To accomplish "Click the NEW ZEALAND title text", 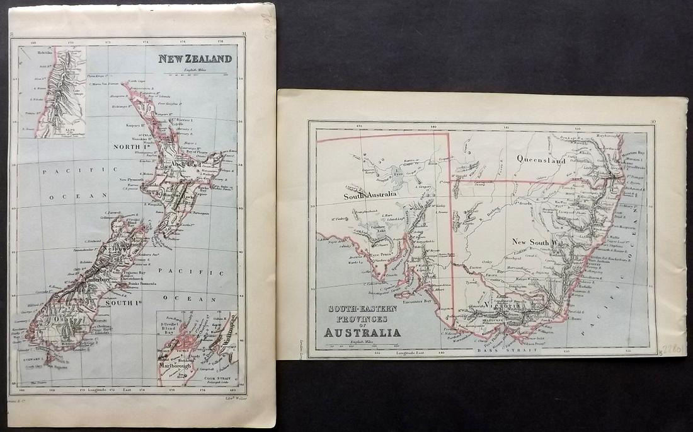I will (x=195, y=59).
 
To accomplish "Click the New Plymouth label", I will (x=131, y=180).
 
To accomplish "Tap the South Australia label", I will (x=370, y=196).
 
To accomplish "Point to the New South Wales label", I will (x=541, y=242).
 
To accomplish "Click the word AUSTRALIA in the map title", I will (x=362, y=332).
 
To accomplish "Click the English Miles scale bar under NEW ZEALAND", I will (x=196, y=74).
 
